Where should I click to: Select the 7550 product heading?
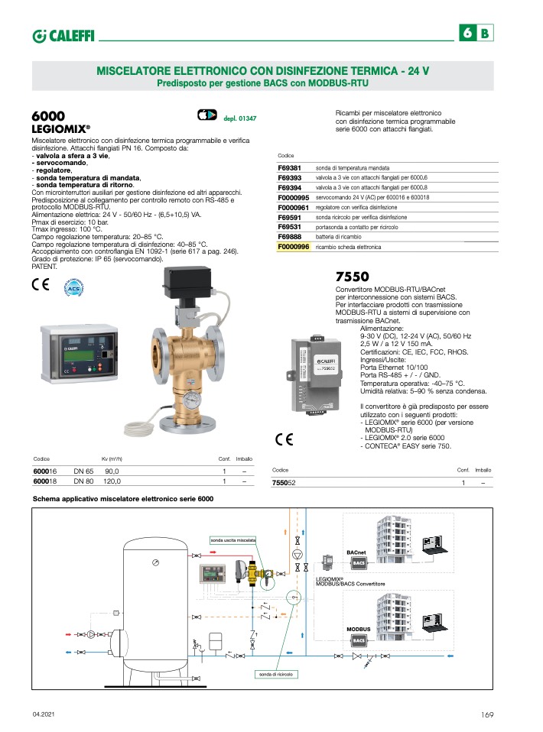(353, 276)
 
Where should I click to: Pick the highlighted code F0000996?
(294, 247)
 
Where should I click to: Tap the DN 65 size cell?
(83, 471)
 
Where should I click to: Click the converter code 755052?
(284, 483)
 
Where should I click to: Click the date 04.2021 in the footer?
(44, 714)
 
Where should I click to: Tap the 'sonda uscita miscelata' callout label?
(233, 540)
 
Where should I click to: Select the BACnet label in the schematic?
(356, 551)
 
